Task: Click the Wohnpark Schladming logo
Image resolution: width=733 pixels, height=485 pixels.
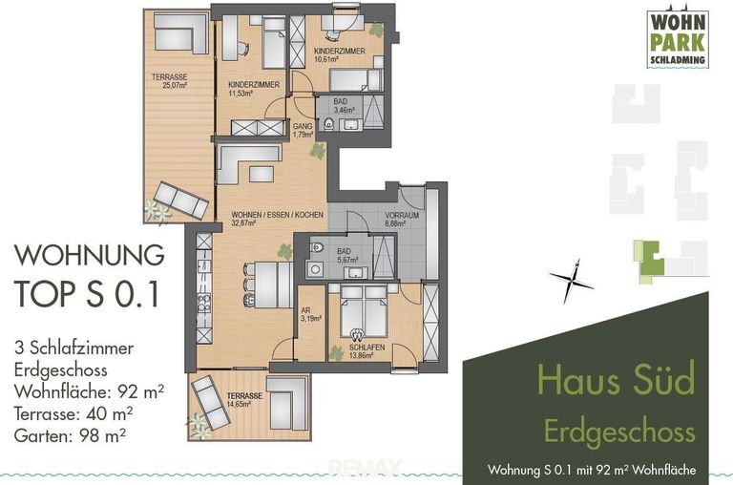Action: (x=678, y=38)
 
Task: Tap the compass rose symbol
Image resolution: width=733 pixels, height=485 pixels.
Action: (x=571, y=278)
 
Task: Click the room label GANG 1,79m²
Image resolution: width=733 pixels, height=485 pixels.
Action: (x=304, y=130)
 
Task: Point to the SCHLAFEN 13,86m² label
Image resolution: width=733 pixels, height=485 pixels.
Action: (x=366, y=351)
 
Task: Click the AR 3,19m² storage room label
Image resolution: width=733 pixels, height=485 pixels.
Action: (x=309, y=314)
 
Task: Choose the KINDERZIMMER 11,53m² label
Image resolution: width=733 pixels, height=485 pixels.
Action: (x=253, y=90)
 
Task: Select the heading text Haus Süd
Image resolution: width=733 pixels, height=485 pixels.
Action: (x=617, y=380)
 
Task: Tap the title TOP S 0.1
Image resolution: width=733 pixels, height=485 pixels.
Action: (x=86, y=295)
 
